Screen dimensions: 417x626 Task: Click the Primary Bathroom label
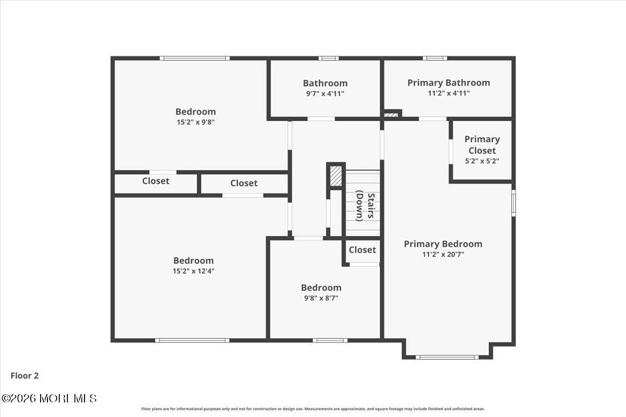point(449,82)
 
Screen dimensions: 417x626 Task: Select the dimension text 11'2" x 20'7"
point(443,254)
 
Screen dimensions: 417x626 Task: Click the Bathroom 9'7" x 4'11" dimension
point(325,93)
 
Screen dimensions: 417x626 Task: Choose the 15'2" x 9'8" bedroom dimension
point(196,122)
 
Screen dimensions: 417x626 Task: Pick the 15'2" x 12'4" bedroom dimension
point(194,271)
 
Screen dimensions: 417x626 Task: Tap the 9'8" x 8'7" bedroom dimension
point(321,298)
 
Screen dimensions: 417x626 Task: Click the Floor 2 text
point(25,375)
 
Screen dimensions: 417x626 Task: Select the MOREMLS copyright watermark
point(49,398)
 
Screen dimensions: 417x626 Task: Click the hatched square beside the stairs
point(336,176)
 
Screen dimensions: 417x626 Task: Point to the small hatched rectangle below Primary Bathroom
point(391,114)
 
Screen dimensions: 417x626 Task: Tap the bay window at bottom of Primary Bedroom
point(447,357)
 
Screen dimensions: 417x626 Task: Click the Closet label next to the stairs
point(362,250)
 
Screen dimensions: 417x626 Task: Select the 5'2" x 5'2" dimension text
point(482,161)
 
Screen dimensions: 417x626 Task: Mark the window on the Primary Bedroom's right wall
point(513,203)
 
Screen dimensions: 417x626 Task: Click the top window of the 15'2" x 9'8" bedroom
point(194,58)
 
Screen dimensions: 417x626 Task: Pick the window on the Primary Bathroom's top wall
point(435,58)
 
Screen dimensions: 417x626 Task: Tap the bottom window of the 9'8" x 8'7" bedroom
point(330,340)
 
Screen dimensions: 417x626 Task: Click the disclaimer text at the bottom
point(313,409)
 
